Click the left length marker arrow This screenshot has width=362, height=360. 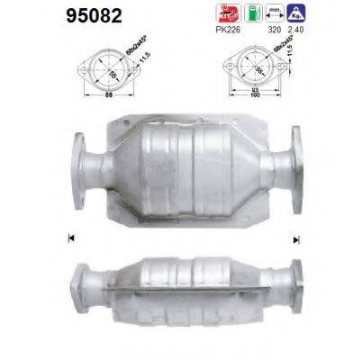click(x=70, y=238)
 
